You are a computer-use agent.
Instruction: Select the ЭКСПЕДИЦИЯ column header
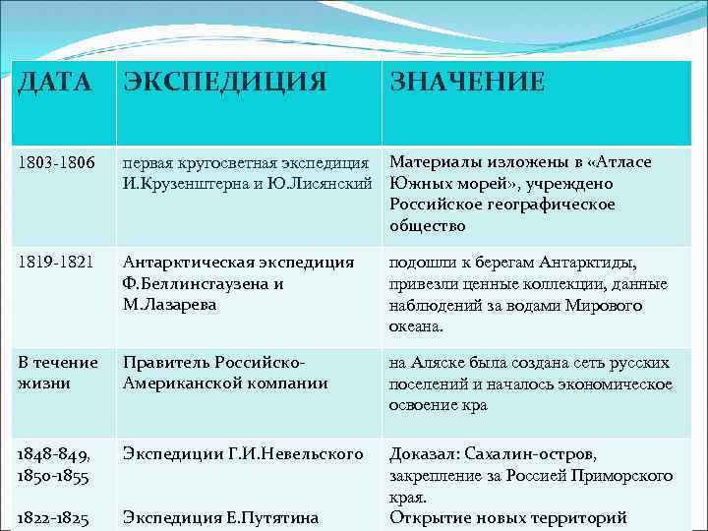224,82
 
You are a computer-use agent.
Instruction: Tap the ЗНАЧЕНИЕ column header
467,82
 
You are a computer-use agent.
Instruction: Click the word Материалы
431,162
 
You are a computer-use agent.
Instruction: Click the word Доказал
426,454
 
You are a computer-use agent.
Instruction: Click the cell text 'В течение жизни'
58,372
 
